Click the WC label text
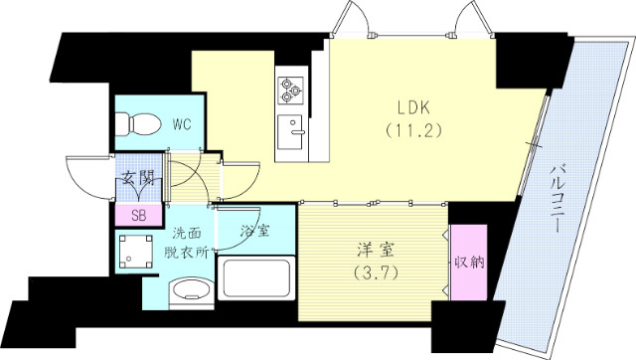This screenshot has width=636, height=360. point(181,124)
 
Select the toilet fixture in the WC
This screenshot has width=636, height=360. point(136,124)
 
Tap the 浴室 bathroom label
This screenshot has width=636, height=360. point(255,232)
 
